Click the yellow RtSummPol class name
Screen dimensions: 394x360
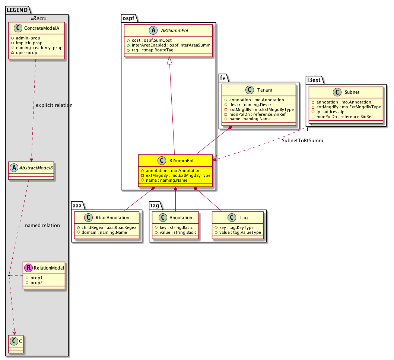tap(181, 161)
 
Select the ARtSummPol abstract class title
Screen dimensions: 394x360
tap(174, 31)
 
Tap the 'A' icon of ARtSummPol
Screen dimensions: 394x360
tap(153, 31)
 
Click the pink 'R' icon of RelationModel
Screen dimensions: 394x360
tap(29, 268)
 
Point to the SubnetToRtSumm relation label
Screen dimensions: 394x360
tap(302, 140)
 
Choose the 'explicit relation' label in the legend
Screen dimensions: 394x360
tap(54, 105)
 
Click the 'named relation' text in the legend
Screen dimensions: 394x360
tap(42, 226)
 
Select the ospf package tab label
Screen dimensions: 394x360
tap(128, 18)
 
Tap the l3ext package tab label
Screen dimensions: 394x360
tap(314, 80)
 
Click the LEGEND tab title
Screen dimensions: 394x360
tap(17, 10)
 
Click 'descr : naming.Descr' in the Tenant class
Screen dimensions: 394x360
tap(250, 105)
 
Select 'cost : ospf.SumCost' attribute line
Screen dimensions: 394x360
tap(152, 40)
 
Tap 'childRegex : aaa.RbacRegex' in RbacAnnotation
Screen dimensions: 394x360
tap(109, 227)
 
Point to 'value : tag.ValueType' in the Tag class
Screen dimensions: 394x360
tap(240, 232)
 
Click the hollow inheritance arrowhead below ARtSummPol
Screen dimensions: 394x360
tap(169, 61)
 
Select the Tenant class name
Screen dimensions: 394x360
tap(265, 90)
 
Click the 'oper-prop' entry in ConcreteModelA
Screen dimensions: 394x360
tap(26, 52)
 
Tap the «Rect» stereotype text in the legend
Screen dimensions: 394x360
tap(38, 18)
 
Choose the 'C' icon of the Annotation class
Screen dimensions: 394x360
tap(163, 217)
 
